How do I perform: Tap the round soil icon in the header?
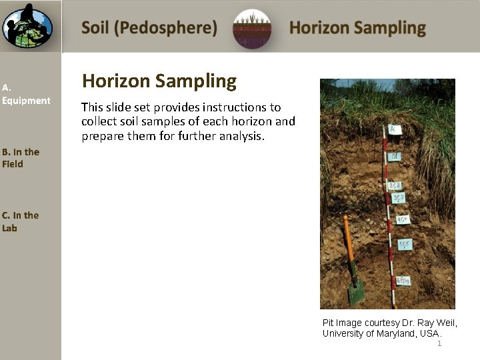(252, 29)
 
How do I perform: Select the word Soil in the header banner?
(96, 28)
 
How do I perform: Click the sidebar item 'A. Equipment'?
(26, 94)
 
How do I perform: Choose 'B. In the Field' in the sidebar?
(21, 158)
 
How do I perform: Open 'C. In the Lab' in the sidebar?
(20, 221)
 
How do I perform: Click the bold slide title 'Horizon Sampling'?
(159, 81)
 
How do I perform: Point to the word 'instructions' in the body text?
(248, 107)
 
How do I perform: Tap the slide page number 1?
(439, 343)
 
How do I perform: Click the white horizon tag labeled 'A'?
(395, 129)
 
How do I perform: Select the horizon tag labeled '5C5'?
(405, 245)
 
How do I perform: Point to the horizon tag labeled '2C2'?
(395, 185)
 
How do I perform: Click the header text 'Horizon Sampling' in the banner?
(357, 28)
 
